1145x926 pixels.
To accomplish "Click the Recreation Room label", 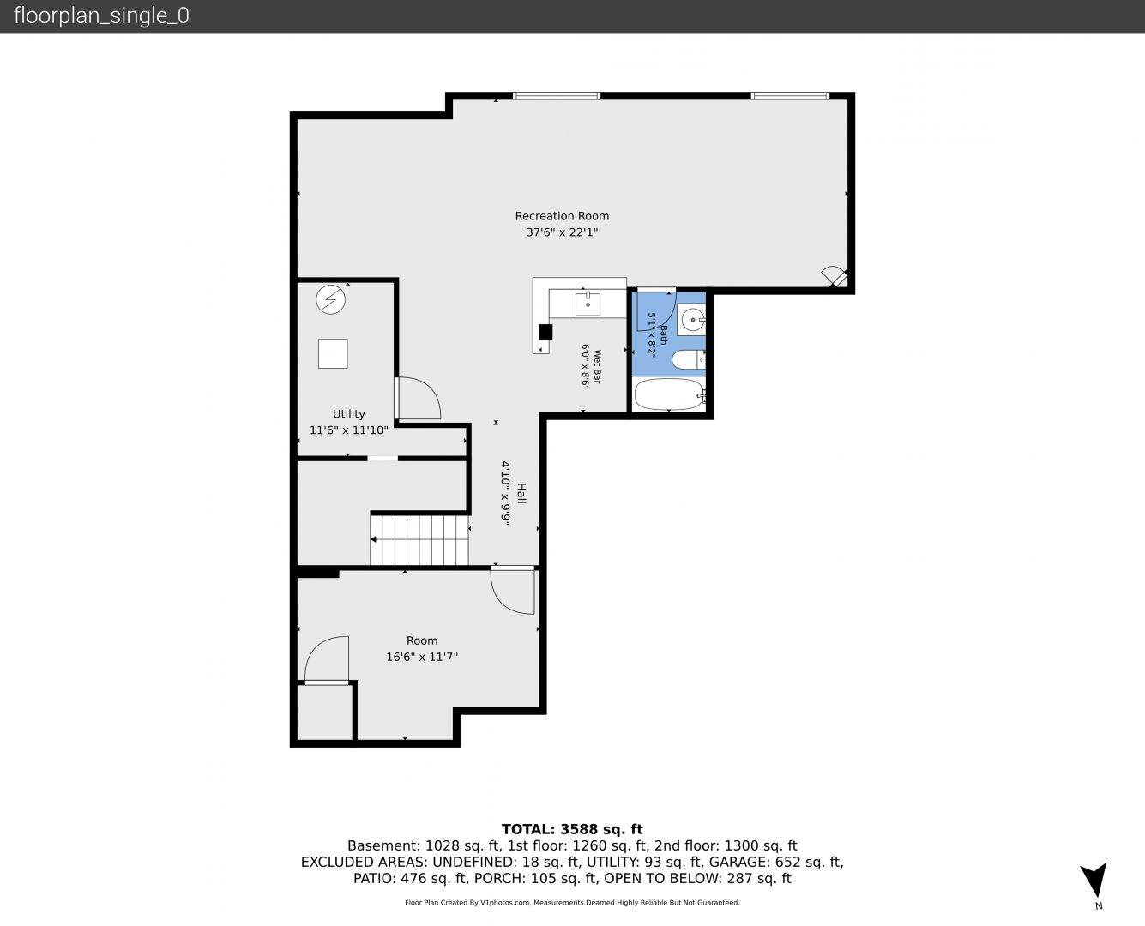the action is [562, 216].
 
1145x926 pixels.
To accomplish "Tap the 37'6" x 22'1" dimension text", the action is [562, 232].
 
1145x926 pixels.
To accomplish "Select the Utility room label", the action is [348, 414].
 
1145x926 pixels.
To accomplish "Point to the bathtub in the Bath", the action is [669, 394].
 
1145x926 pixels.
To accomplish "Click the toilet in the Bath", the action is [688, 359].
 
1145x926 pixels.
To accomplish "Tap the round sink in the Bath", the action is [692, 320].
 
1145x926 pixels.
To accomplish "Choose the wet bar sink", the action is [588, 304].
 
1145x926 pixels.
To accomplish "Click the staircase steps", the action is [419, 540].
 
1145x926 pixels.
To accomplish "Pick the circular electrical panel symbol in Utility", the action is [330, 299].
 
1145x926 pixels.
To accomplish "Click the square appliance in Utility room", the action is [333, 353].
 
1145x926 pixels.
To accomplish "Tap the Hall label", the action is [521, 493].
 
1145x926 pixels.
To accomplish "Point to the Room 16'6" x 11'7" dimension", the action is [422, 657].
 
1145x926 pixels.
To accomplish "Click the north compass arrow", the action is [1095, 879].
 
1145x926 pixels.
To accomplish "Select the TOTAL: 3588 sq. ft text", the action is [572, 829].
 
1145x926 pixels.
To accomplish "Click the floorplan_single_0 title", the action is [101, 16].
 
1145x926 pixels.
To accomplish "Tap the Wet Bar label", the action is [597, 366].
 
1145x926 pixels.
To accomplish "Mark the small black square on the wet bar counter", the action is [545, 332].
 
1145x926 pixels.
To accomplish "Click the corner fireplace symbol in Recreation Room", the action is [835, 276].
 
